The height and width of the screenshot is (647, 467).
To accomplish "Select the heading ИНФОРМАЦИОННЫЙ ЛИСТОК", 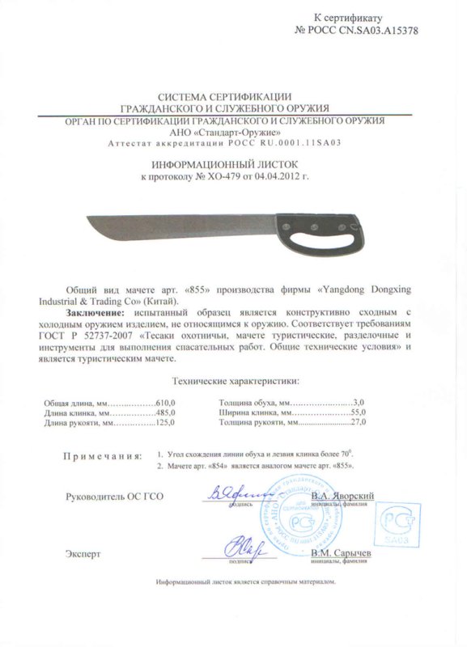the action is [233, 163].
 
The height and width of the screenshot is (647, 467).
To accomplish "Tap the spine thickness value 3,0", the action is [361, 402].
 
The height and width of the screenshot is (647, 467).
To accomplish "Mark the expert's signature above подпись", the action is [241, 546].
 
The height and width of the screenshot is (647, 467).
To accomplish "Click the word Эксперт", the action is [83, 554].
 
